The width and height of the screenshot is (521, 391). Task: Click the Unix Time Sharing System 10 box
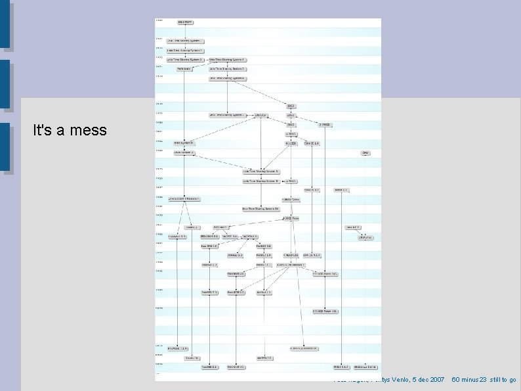260,208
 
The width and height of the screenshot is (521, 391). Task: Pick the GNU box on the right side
365,153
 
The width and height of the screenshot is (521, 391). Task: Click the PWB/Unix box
184,68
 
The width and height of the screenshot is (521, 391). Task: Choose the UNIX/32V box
260,115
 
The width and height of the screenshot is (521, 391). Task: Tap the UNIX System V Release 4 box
184,198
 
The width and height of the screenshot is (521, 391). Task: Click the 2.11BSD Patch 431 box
325,311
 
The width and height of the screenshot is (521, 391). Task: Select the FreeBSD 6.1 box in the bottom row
209,367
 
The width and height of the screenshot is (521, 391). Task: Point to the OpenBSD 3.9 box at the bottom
236,367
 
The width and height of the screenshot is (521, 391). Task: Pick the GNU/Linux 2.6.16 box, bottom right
365,367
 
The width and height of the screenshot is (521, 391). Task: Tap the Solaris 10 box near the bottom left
191,358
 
